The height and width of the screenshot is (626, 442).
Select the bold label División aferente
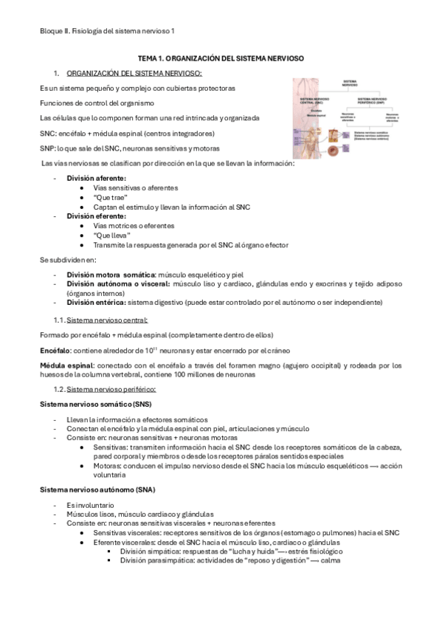click(x=96, y=178)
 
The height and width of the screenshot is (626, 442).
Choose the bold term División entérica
click(x=96, y=303)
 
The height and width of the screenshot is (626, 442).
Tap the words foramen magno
click(x=224, y=365)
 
